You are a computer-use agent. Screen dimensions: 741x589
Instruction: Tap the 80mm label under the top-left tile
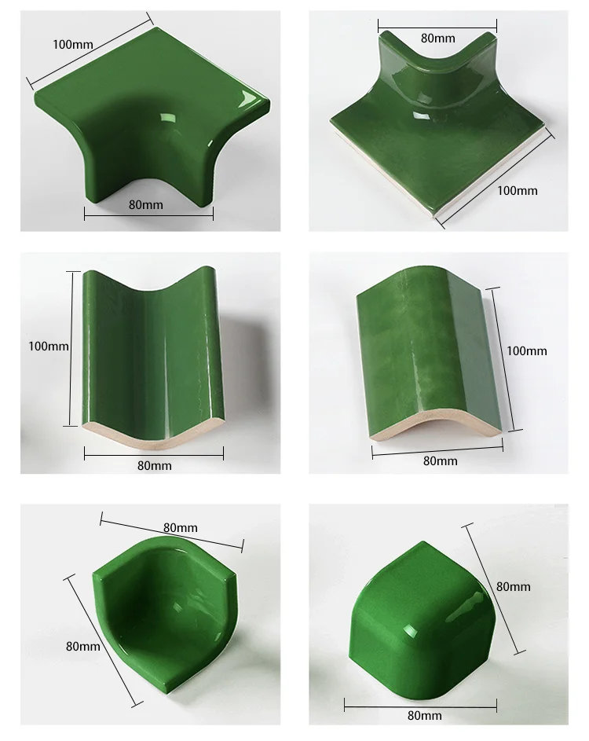(146, 204)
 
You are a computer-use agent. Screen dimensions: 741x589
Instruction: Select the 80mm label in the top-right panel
(437, 38)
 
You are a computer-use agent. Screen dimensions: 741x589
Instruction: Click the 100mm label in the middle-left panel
(49, 345)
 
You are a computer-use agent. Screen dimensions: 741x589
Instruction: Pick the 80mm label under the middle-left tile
(154, 465)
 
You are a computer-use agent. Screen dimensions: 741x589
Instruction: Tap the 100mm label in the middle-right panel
(526, 351)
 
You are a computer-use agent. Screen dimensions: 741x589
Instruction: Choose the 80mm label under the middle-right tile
(440, 461)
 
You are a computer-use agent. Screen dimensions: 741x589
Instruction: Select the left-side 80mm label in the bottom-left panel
(83, 646)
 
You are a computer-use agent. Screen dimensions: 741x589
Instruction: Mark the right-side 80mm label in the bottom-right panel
(514, 586)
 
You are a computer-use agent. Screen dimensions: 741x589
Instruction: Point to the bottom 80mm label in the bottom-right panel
(425, 715)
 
